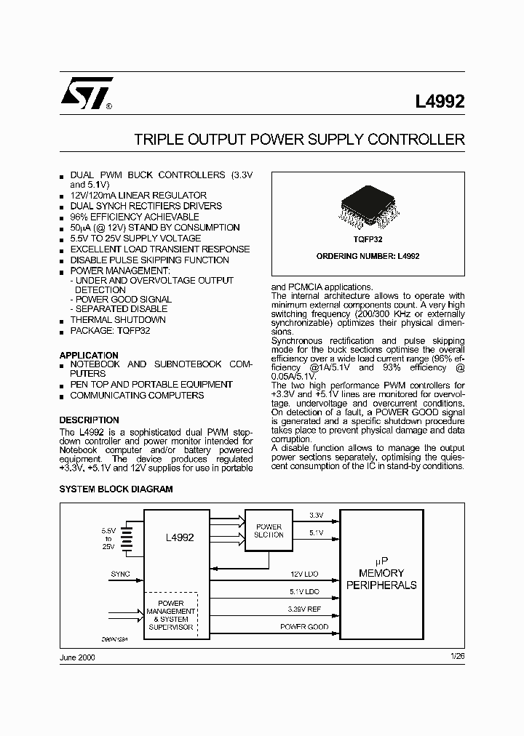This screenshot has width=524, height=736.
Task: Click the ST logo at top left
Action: click(x=86, y=93)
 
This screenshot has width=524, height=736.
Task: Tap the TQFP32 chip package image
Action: click(x=367, y=207)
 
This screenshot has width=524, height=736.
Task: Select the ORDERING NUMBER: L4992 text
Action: click(x=368, y=256)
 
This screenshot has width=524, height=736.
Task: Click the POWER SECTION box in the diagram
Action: click(x=269, y=531)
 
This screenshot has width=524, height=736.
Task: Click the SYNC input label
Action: click(x=121, y=574)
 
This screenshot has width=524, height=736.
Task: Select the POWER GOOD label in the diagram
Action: click(x=304, y=626)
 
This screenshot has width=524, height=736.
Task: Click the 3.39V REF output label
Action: click(x=303, y=609)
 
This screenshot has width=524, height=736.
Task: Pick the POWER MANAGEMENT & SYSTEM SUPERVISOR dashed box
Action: click(x=171, y=615)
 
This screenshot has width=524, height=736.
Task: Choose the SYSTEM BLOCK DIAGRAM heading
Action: click(x=116, y=489)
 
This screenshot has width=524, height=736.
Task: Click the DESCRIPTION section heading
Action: click(x=89, y=420)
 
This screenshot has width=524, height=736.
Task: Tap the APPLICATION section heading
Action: click(x=89, y=356)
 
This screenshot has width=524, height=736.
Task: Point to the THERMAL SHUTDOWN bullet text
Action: click(x=118, y=319)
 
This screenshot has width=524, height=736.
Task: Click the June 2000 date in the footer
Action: click(x=76, y=657)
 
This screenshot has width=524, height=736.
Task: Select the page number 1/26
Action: click(x=457, y=657)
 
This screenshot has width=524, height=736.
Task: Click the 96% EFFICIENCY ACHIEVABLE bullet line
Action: click(x=134, y=217)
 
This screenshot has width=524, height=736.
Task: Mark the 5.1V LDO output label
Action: click(x=303, y=591)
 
